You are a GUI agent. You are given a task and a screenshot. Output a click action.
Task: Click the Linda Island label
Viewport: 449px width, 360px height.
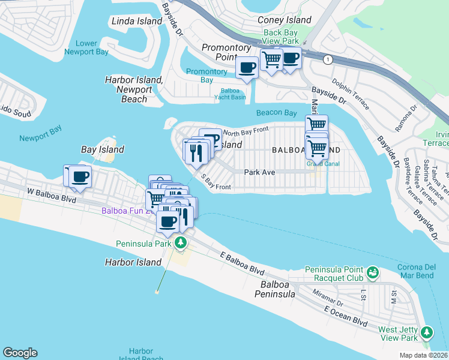[137, 21]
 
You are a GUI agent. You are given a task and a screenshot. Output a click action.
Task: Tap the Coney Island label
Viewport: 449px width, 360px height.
[284, 20]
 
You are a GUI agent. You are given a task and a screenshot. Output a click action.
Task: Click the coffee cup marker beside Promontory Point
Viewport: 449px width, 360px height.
[247, 67]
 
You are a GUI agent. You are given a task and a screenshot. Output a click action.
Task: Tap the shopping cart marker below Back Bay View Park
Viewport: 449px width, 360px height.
[272, 59]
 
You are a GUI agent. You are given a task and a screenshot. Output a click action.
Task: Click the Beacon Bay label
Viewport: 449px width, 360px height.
[276, 113]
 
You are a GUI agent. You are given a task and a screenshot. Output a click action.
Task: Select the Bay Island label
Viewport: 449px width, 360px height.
[103, 149]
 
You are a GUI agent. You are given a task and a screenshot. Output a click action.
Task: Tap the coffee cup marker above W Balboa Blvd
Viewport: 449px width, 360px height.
[80, 176]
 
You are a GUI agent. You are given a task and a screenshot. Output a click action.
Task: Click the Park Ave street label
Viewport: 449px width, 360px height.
[259, 172]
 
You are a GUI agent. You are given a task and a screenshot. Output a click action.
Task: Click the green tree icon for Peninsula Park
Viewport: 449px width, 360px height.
[181, 243]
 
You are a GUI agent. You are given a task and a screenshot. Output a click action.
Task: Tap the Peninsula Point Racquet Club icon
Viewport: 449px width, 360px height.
[372, 273]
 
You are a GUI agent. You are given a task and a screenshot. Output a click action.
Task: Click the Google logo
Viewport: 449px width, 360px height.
[20, 353]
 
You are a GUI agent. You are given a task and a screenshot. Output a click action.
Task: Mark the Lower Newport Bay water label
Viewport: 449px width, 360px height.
[87, 47]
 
